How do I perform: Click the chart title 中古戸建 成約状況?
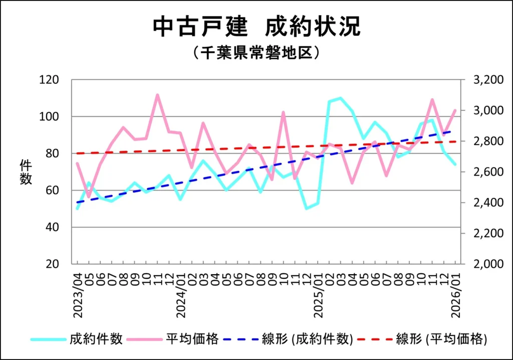click(x=256, y=27)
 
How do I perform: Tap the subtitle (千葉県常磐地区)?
click(x=256, y=53)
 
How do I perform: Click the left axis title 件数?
click(x=26, y=172)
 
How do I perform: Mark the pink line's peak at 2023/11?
click(x=157, y=95)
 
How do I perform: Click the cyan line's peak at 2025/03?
click(x=341, y=98)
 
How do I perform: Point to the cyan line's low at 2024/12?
click(x=306, y=209)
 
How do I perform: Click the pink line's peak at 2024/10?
click(x=283, y=112)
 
